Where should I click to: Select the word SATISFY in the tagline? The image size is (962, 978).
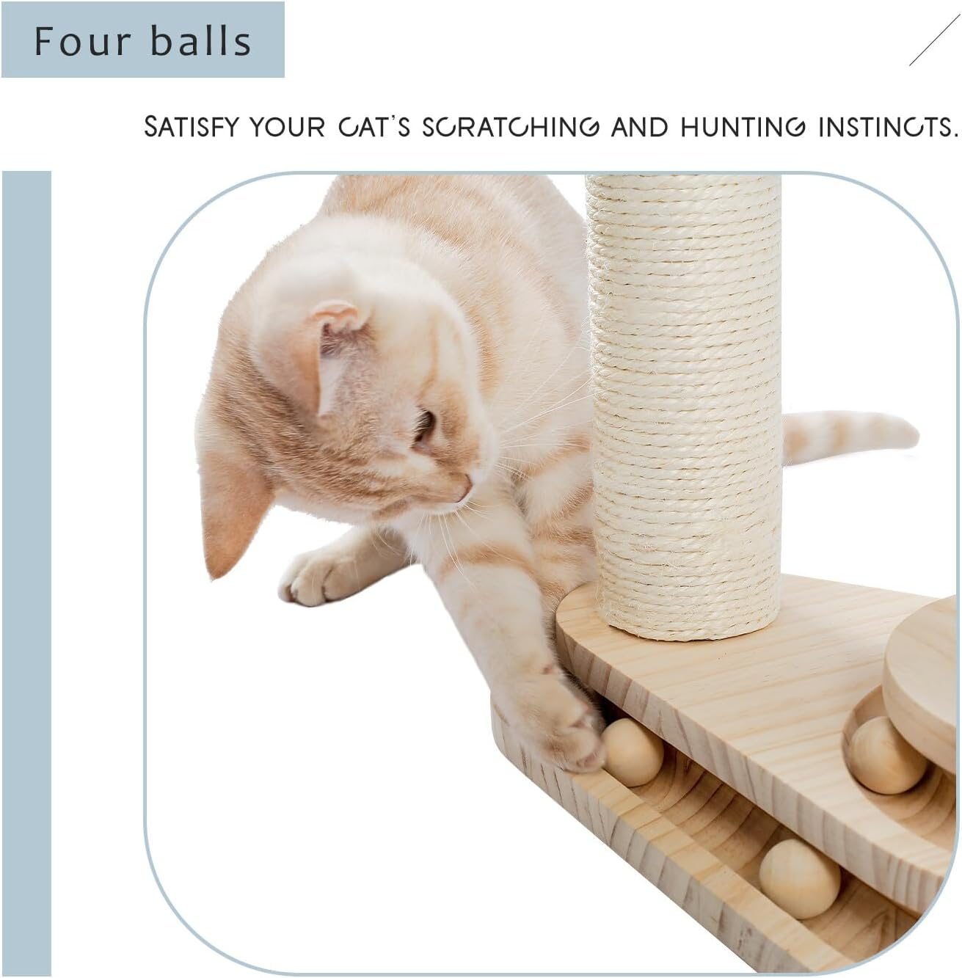(x=192, y=127)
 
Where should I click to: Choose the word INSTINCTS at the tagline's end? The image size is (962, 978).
(x=888, y=127)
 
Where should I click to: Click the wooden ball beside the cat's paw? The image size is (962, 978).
(x=633, y=752)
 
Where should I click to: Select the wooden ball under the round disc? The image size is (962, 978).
(x=886, y=755)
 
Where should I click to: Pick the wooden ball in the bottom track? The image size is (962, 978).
(x=799, y=878)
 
